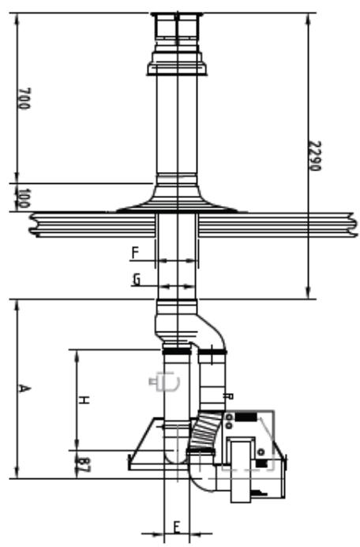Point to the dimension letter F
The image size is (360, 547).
[135, 253]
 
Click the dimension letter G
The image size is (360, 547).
[136, 279]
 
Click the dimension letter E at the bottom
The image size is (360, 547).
[177, 526]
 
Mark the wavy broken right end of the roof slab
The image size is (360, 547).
[347, 224]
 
